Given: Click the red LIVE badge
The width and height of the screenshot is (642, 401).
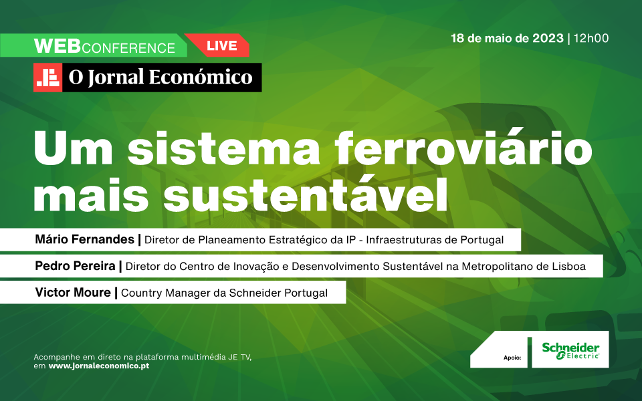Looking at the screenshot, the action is [219, 45].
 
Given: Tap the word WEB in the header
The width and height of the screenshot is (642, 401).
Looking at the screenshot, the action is [58, 46].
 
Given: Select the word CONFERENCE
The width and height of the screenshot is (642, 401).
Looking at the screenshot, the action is [128, 48].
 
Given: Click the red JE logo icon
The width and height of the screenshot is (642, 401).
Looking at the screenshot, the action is [48, 78].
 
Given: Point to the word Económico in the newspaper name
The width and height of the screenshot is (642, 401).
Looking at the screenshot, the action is [201, 77].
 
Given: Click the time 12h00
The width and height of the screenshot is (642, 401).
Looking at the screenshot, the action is [591, 39].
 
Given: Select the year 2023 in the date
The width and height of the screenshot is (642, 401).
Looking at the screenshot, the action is [548, 39].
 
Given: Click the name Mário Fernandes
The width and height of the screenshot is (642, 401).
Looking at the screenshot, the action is [85, 239].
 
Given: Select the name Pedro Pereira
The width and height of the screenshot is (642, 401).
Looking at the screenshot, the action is [76, 266].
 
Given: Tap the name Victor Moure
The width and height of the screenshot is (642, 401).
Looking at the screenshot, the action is [73, 293].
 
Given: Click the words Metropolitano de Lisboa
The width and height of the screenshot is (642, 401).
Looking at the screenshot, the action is [524, 267].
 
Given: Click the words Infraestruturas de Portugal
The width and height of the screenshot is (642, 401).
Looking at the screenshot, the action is [435, 240].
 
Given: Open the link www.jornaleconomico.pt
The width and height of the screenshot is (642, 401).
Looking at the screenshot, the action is [99, 366].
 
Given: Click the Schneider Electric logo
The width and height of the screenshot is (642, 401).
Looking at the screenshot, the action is [570, 351].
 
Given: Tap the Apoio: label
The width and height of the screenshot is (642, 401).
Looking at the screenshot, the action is [512, 358].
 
